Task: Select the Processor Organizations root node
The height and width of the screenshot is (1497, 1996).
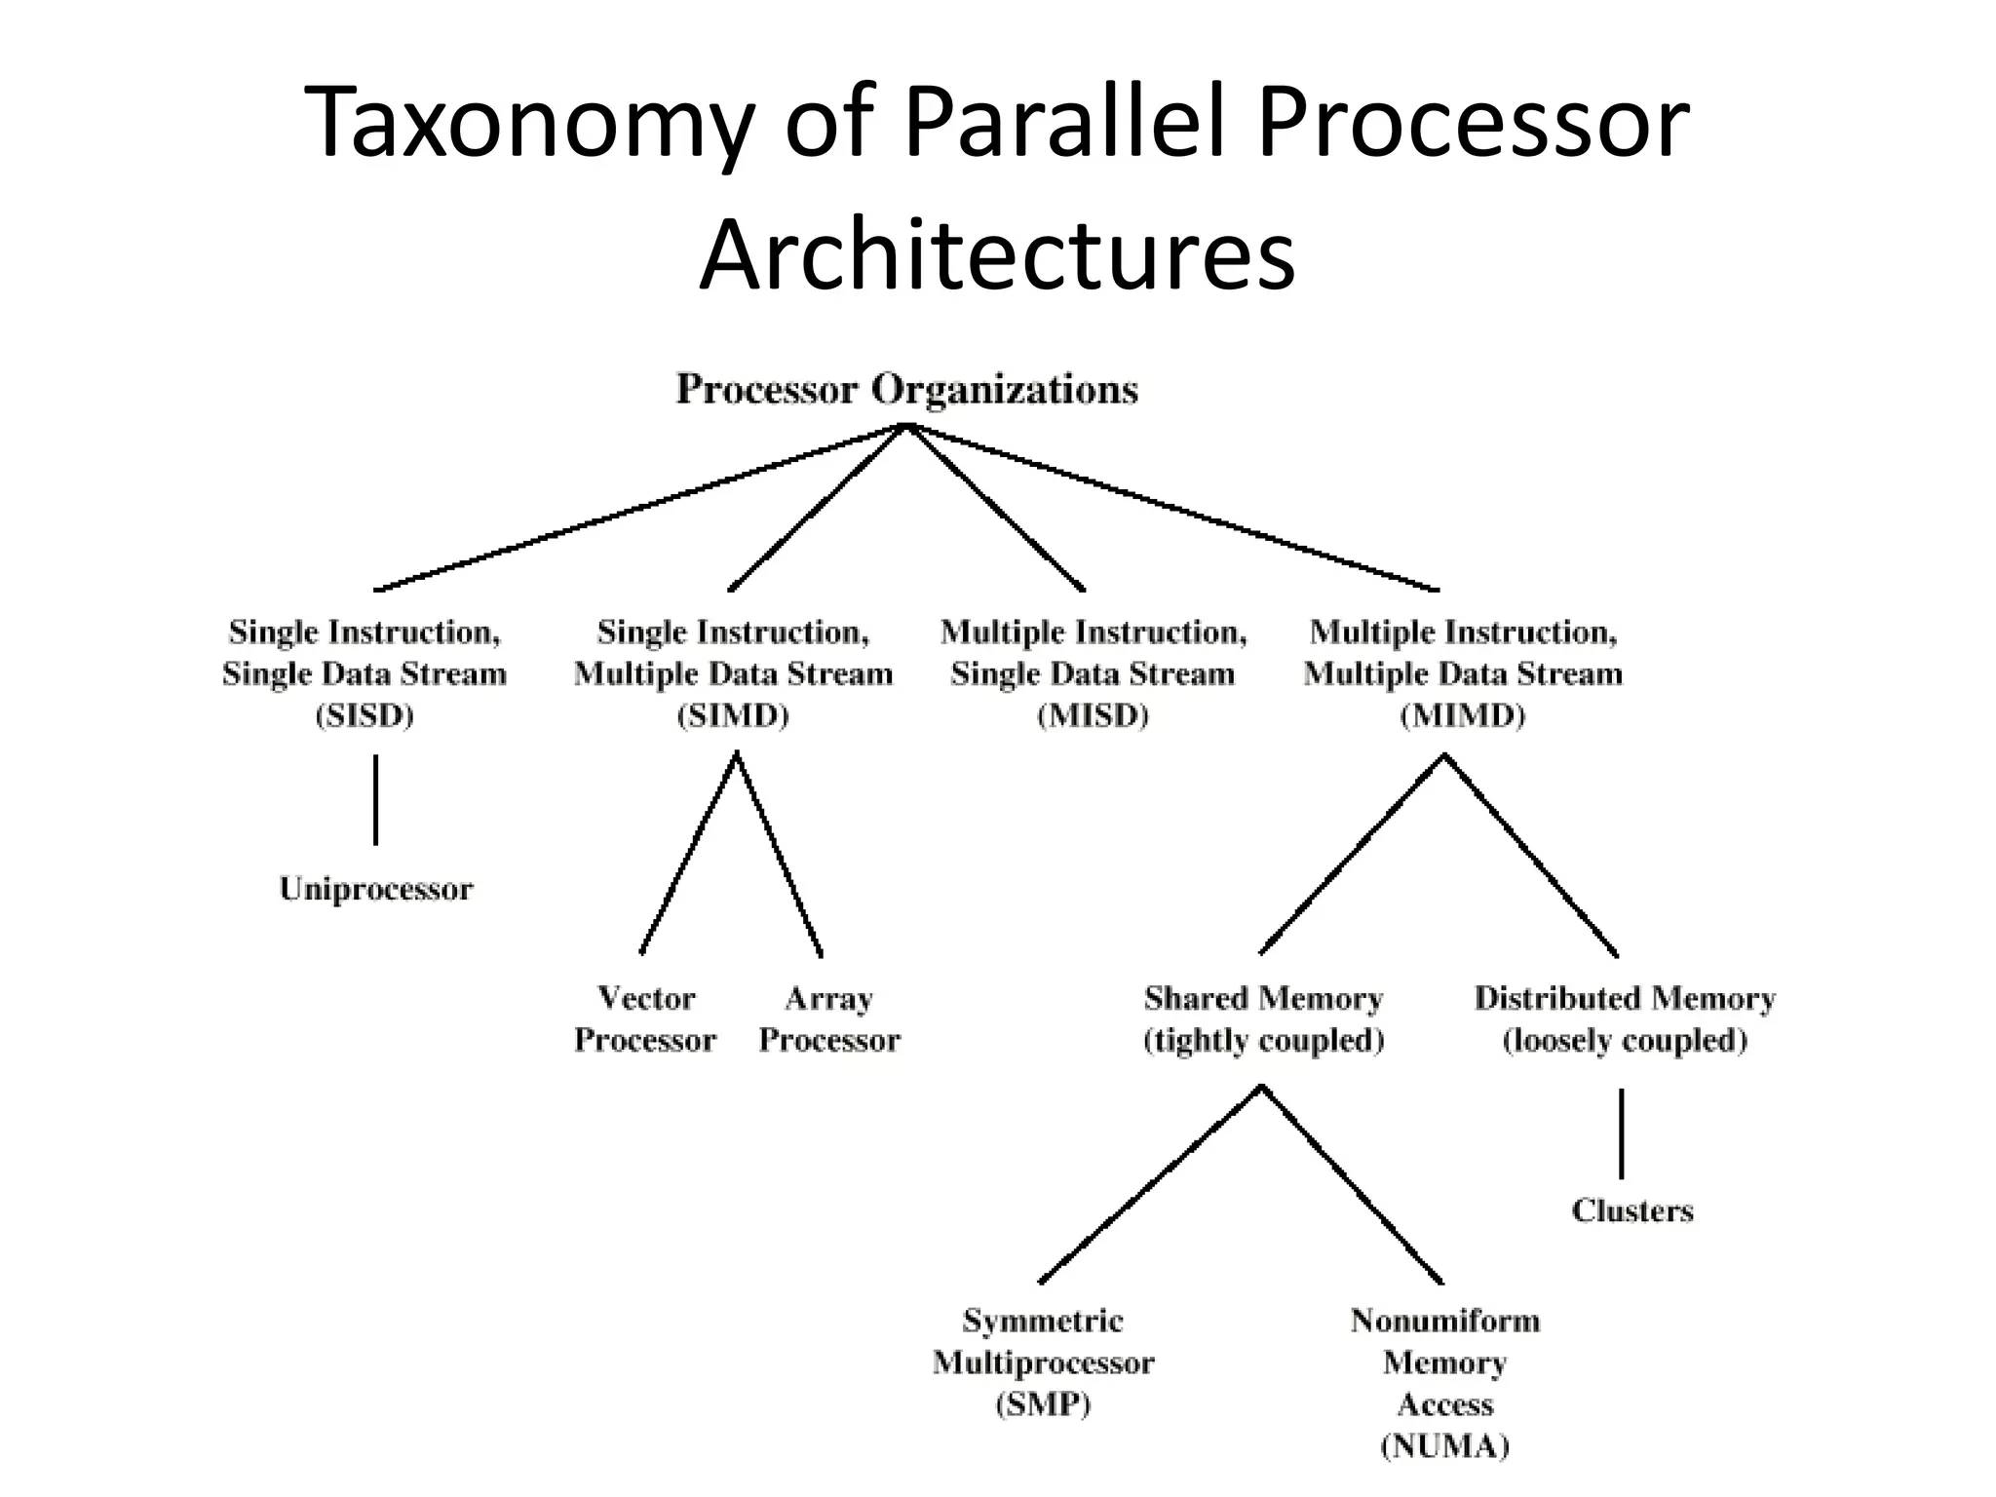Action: point(906,390)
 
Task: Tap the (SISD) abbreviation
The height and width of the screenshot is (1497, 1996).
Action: point(365,716)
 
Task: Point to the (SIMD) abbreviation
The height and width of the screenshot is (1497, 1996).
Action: point(733,716)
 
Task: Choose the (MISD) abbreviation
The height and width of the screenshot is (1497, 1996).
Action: point(1093,716)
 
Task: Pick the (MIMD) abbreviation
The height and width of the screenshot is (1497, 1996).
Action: point(1462,716)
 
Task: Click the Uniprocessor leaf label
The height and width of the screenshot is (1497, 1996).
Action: point(375,889)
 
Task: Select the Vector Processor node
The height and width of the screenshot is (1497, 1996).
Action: point(645,1018)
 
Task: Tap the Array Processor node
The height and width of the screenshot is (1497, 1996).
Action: point(829,1018)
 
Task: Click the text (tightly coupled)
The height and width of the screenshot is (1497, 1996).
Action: point(1263,1041)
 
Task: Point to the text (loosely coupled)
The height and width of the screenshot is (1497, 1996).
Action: point(1625,1041)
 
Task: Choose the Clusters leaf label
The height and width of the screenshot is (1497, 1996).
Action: point(1632,1210)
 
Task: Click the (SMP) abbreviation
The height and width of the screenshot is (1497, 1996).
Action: point(1043,1404)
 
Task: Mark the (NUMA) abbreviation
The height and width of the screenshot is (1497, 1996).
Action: point(1444,1445)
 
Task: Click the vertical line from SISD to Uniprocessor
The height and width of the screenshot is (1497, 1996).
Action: point(376,799)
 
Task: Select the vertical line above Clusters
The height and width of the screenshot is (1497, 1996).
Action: point(1622,1133)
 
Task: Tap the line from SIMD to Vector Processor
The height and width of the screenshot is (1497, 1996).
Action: point(689,854)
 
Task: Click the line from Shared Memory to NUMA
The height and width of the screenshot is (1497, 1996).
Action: point(1353,1185)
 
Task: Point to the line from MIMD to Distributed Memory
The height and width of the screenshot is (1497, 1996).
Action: point(1531,855)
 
